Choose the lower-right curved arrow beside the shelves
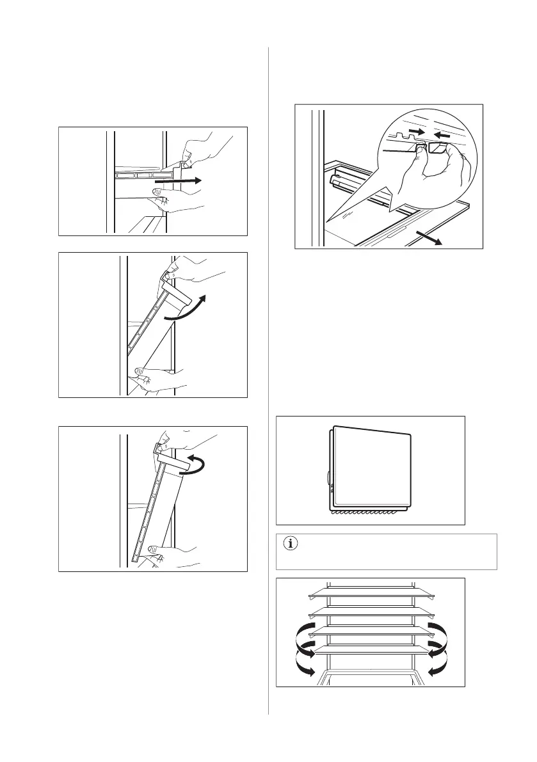(438, 665)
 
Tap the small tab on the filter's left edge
(328, 477)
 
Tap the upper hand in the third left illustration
(192, 441)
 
